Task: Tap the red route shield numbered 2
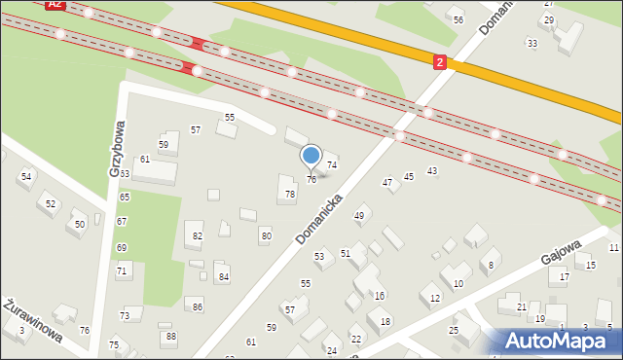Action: [x=440, y=62]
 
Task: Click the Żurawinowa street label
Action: [x=34, y=320]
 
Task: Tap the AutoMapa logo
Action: [x=561, y=341]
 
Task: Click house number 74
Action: [x=332, y=165]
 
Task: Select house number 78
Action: [x=289, y=195]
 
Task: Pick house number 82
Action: [x=198, y=236]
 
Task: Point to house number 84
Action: [x=223, y=277]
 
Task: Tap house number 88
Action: [x=171, y=337]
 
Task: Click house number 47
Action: [x=387, y=182]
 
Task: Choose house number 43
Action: [x=432, y=171]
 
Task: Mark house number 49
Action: [x=359, y=216]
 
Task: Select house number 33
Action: [x=531, y=44]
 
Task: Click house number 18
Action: [x=385, y=321]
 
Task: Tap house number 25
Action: [x=454, y=331]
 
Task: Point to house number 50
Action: [x=80, y=225]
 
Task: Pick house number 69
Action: [x=122, y=247]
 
